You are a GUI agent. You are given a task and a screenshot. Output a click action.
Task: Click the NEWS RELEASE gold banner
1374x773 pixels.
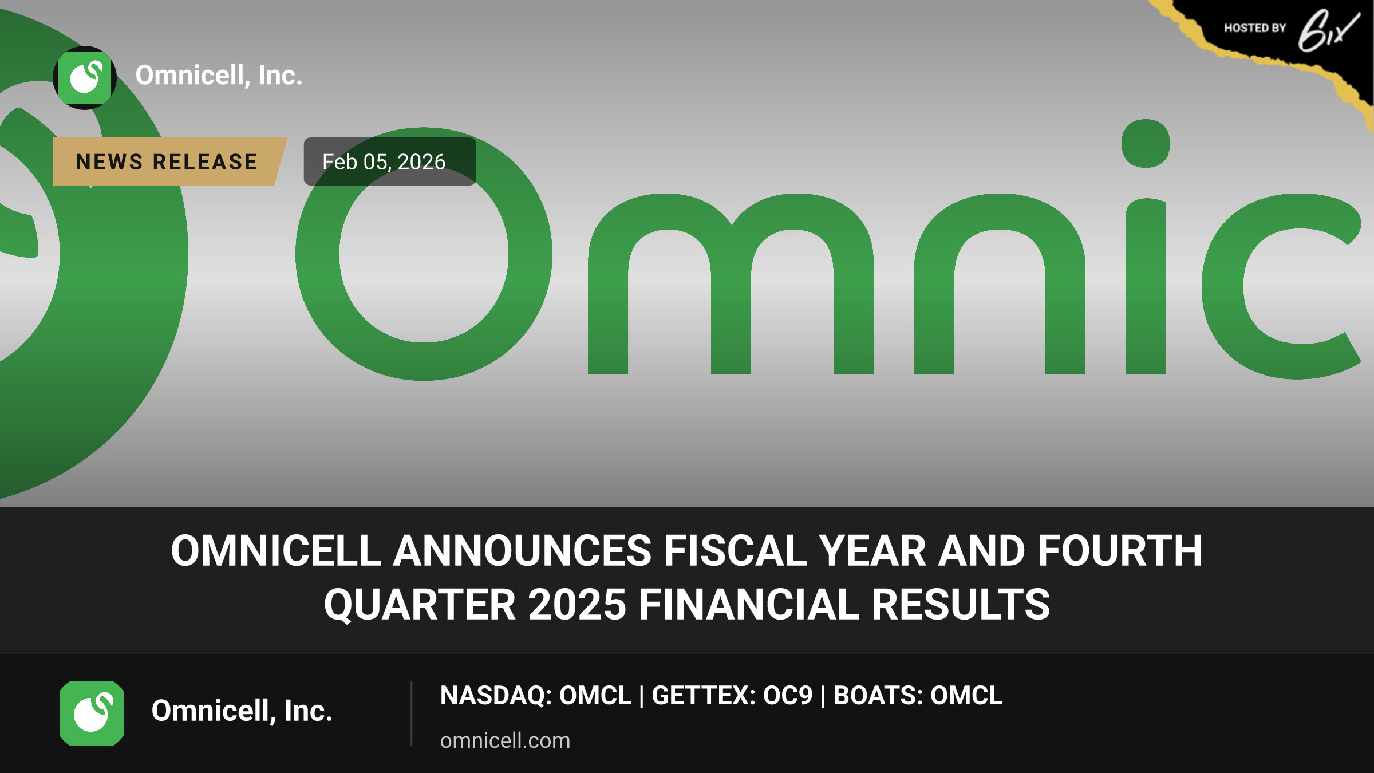coord(169,161)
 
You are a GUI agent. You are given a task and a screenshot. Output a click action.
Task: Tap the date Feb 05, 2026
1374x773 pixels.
coord(384,162)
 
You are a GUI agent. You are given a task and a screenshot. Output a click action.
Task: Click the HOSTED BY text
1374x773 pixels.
coord(1255,28)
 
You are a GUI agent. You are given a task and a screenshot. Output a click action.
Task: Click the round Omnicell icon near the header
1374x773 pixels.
coord(85,77)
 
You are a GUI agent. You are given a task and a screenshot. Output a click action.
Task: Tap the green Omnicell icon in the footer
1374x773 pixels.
coord(92,713)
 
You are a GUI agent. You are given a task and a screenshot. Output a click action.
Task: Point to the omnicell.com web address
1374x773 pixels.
coord(505,740)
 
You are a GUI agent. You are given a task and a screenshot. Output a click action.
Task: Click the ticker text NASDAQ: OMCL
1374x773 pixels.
coord(535,695)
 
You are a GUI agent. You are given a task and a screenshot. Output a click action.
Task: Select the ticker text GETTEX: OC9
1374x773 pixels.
coord(732,695)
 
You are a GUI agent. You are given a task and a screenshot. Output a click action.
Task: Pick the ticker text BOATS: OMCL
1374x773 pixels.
coord(918,695)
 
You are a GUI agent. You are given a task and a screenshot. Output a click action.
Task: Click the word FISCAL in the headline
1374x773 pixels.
coord(735,550)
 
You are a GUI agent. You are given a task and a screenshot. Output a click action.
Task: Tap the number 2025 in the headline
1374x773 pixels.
coord(577,605)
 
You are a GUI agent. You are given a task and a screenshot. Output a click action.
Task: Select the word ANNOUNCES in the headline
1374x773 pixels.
coord(522,550)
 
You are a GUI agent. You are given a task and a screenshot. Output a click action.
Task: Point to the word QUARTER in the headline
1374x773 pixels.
coord(420,605)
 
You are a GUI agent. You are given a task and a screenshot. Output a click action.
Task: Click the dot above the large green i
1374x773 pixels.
coord(1146,144)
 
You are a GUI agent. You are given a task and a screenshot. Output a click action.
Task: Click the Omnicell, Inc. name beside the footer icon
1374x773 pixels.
coord(242,711)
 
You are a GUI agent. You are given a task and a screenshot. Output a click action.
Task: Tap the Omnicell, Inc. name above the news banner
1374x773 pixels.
coord(219,76)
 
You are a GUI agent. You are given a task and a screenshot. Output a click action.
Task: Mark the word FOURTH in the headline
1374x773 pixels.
coord(1120,550)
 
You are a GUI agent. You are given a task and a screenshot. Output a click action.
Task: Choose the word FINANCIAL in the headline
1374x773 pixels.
coord(749,605)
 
